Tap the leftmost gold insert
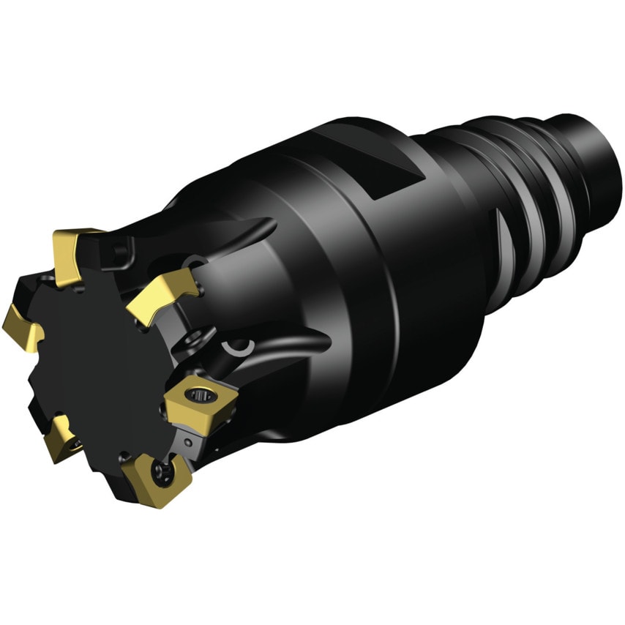click(20, 327)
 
